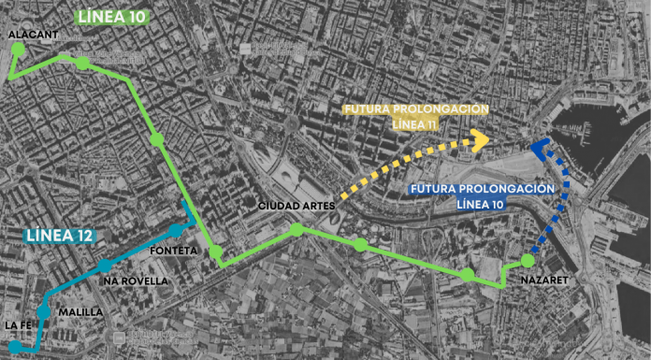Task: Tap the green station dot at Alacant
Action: tap(17, 49)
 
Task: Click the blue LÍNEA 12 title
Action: tap(57, 234)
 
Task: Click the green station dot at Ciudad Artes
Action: tap(297, 230)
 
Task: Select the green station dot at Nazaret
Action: tap(528, 260)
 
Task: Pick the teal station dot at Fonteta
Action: tap(175, 231)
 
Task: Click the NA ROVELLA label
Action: tap(137, 281)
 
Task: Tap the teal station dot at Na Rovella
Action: tap(105, 266)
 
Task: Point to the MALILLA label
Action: tap(80, 311)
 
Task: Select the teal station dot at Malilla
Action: tap(43, 310)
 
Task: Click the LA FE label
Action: tap(20, 325)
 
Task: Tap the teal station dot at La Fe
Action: tap(12, 347)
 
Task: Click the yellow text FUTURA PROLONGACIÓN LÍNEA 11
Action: tap(415, 117)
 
